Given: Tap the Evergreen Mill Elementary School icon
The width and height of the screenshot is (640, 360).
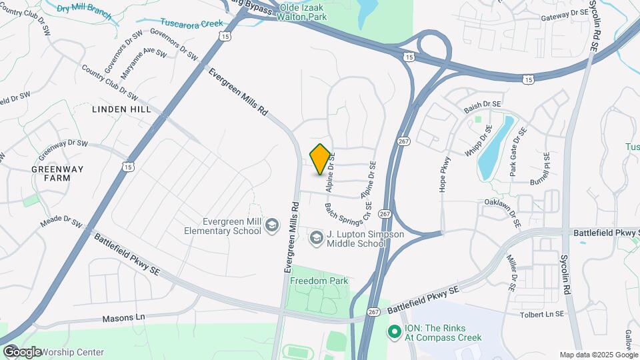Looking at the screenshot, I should click(x=271, y=225).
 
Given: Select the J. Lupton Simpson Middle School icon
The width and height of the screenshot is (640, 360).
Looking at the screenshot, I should click(x=317, y=237).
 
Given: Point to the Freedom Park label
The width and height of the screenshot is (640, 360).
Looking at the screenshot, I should click(x=319, y=281).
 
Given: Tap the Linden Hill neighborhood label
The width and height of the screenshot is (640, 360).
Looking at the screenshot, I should click(x=121, y=109).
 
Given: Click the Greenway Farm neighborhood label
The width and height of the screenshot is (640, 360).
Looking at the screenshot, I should click(x=57, y=173).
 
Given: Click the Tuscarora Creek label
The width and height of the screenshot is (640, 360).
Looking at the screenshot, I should click(x=191, y=23).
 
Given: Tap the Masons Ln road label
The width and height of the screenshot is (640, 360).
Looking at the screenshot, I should click(x=123, y=318).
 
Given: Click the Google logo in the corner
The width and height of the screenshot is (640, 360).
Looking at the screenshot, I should click(x=22, y=351).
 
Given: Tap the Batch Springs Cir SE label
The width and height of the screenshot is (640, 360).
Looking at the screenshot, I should click(x=348, y=213).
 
